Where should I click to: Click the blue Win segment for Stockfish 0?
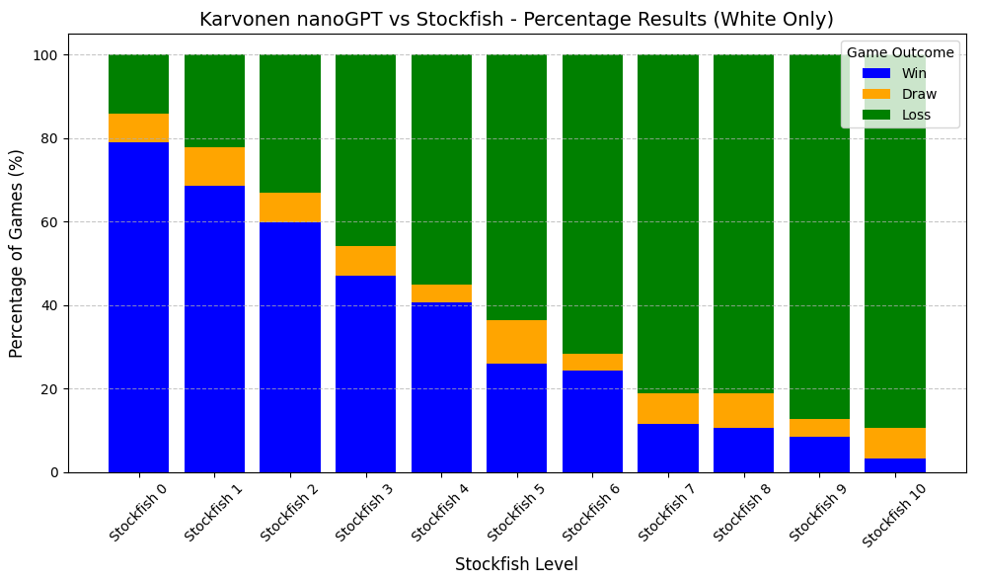pyautogui.click(x=138, y=307)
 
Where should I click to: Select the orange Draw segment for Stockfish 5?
pyautogui.click(x=516, y=342)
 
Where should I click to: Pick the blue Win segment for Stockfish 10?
pyautogui.click(x=895, y=465)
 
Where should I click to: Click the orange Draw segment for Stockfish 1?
pyautogui.click(x=214, y=167)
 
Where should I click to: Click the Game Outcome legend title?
pyautogui.click(x=900, y=52)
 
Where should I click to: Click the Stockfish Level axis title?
pyautogui.click(x=516, y=564)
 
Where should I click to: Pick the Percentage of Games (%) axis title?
pyautogui.click(x=17, y=253)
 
